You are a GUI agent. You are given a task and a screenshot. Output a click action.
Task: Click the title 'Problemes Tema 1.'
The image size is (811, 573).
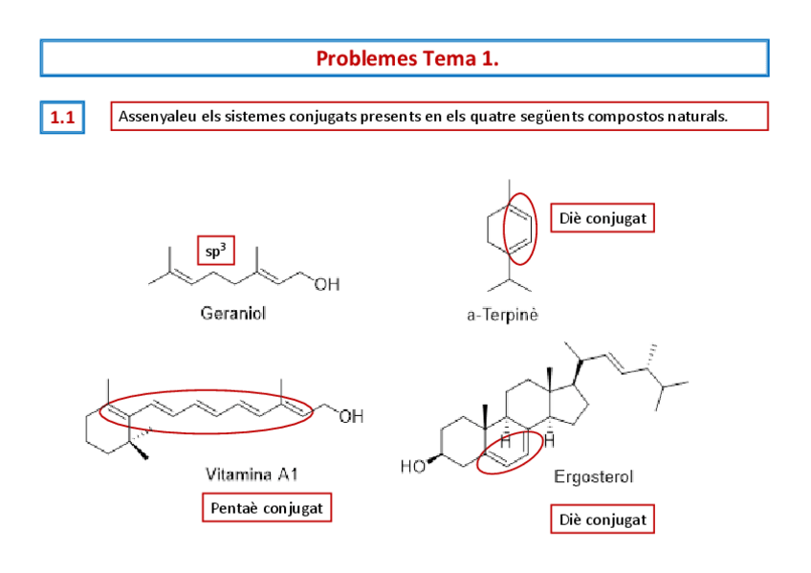[406, 58]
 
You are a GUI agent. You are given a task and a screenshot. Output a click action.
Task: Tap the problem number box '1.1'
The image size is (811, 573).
[62, 118]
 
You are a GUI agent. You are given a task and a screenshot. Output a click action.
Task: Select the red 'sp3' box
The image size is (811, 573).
[216, 252]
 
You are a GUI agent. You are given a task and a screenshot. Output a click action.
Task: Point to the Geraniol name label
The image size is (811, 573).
[233, 313]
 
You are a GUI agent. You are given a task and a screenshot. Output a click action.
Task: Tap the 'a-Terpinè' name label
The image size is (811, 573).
[503, 315]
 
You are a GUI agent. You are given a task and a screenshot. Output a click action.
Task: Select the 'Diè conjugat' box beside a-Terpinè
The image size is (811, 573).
[602, 218]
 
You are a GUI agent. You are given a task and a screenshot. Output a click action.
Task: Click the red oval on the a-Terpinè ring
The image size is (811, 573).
[520, 230]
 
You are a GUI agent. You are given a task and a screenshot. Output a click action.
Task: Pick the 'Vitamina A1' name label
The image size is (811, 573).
[252, 474]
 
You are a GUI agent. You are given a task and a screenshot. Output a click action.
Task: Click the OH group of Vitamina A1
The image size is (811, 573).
[350, 416]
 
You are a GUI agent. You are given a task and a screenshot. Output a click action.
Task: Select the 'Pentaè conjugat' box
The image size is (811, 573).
[267, 507]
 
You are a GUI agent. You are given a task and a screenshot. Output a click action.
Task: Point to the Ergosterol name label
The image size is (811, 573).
[593, 476]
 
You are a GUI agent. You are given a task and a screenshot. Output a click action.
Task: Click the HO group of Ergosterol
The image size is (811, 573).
[413, 467]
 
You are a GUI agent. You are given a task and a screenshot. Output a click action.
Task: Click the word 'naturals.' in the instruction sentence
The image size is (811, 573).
[697, 117]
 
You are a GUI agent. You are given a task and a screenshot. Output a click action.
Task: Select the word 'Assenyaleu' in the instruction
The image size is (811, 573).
[151, 117]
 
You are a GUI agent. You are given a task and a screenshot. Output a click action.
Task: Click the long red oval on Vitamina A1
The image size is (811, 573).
[207, 411]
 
